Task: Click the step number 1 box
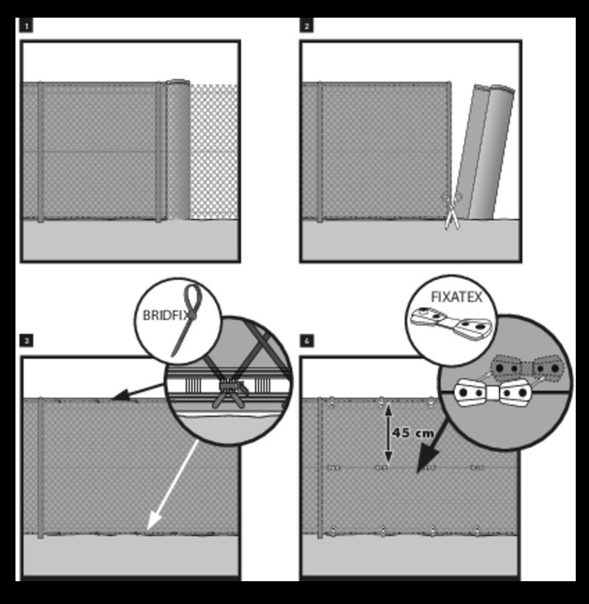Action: click(x=26, y=26)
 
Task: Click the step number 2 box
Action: click(x=306, y=26)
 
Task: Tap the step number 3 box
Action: click(x=27, y=341)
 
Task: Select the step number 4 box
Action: click(x=307, y=341)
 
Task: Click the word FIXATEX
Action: click(x=456, y=297)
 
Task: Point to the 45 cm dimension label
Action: click(x=413, y=433)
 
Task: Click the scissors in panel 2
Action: click(x=452, y=211)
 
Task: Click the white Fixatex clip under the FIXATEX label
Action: click(x=451, y=324)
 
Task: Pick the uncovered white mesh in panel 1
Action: click(x=214, y=152)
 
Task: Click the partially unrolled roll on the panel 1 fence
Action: click(x=178, y=149)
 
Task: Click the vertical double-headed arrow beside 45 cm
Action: click(x=388, y=433)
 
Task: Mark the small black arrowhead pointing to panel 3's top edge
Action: click(x=121, y=395)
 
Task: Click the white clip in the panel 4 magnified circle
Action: click(x=493, y=393)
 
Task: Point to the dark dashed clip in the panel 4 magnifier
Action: click(x=527, y=369)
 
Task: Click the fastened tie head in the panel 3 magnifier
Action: click(x=230, y=387)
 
